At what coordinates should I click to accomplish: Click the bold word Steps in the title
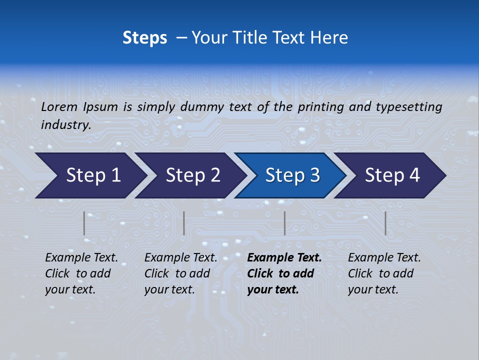coord(145,38)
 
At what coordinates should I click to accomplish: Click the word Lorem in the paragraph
coord(59,106)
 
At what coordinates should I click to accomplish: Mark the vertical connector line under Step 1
coord(84,223)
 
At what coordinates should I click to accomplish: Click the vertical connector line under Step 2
coord(184,223)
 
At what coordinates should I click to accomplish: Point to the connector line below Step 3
coord(284,223)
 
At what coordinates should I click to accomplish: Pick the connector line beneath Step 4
coord(385,223)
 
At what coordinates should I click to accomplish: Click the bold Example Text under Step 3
coord(284,258)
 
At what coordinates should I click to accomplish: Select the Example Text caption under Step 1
coord(81,258)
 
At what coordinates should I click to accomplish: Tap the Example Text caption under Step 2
coord(181,258)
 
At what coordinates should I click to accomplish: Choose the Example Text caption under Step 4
coord(384,258)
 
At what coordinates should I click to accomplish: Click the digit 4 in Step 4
coord(414,175)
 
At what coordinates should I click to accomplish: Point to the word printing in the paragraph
coord(322,107)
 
